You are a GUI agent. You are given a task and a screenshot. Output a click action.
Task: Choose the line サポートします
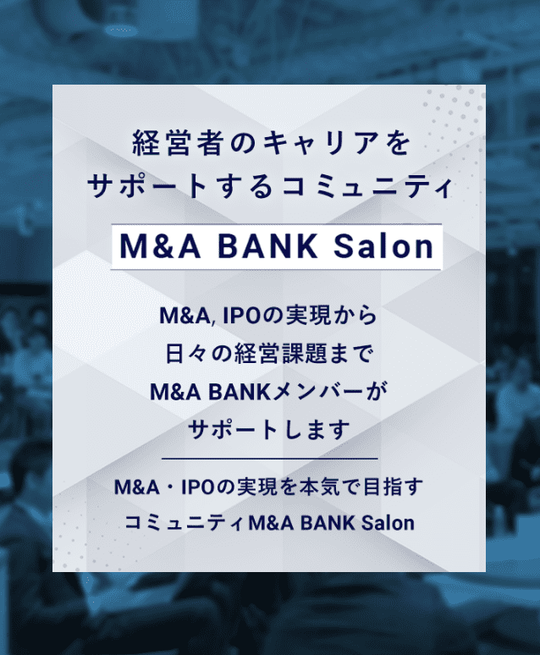pos(269,429)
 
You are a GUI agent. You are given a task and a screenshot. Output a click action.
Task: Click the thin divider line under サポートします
pos(269,458)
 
